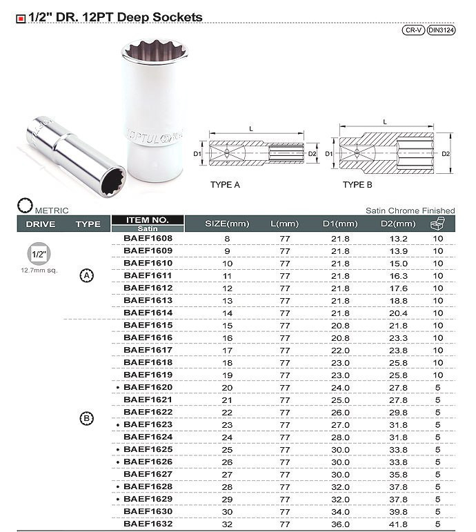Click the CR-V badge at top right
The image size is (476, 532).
[413, 30]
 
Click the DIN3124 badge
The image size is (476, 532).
[440, 30]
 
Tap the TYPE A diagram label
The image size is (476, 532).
[225, 186]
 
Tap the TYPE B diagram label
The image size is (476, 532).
[357, 186]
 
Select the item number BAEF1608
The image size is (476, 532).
[148, 238]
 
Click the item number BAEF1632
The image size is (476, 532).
[148, 524]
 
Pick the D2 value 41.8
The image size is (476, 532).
[398, 524]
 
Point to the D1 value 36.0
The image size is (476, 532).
[340, 524]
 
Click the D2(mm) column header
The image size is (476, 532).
[398, 224]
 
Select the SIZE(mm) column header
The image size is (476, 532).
[227, 224]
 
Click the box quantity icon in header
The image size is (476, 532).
[437, 223]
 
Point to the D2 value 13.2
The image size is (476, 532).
[398, 238]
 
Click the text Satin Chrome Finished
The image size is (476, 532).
[410, 210]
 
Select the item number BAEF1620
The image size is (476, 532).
[148, 387]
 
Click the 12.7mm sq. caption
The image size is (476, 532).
[40, 270]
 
